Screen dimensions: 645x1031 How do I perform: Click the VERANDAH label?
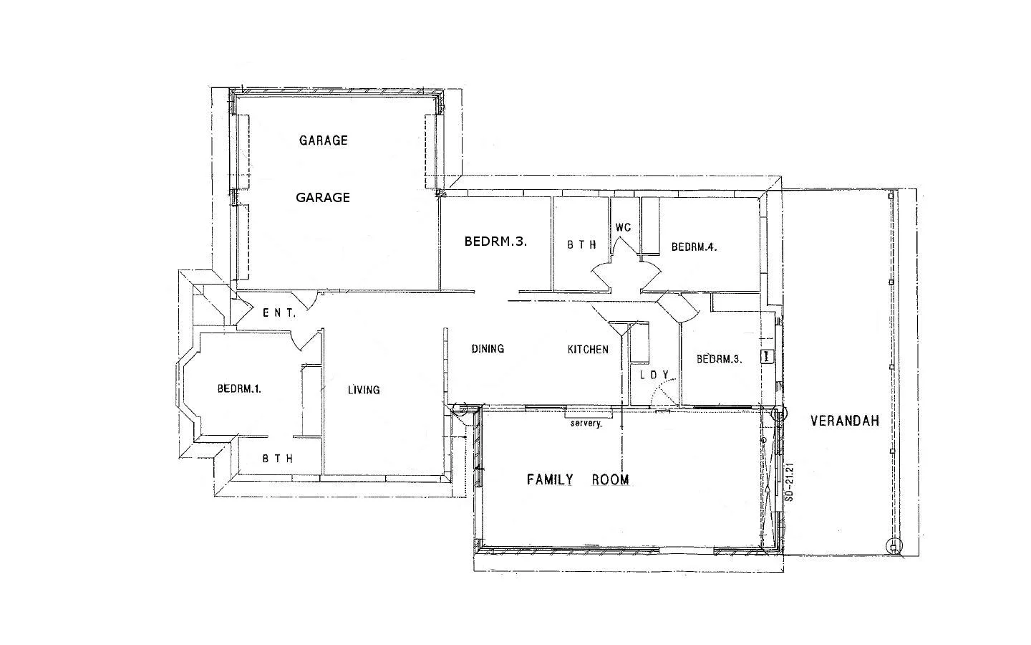(844, 421)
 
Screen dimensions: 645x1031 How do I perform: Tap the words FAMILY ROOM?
(578, 479)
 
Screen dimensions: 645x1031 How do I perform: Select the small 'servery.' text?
(586, 424)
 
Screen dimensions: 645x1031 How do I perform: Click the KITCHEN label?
(588, 349)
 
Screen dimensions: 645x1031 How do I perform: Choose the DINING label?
(488, 348)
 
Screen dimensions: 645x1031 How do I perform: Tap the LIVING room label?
(364, 390)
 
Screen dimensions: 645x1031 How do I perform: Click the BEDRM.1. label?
(239, 389)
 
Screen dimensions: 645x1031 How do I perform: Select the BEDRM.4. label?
(694, 247)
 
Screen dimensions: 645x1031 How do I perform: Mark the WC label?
(623, 227)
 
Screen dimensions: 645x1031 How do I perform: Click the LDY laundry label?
(654, 375)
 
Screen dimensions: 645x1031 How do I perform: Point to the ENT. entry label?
(279, 312)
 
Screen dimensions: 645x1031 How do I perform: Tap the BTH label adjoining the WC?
(581, 245)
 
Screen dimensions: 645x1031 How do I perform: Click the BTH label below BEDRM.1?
(277, 459)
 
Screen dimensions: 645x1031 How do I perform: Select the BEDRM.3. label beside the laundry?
(720, 359)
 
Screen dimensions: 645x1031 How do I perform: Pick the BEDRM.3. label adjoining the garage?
(495, 242)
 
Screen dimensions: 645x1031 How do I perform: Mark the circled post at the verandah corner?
(893, 547)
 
